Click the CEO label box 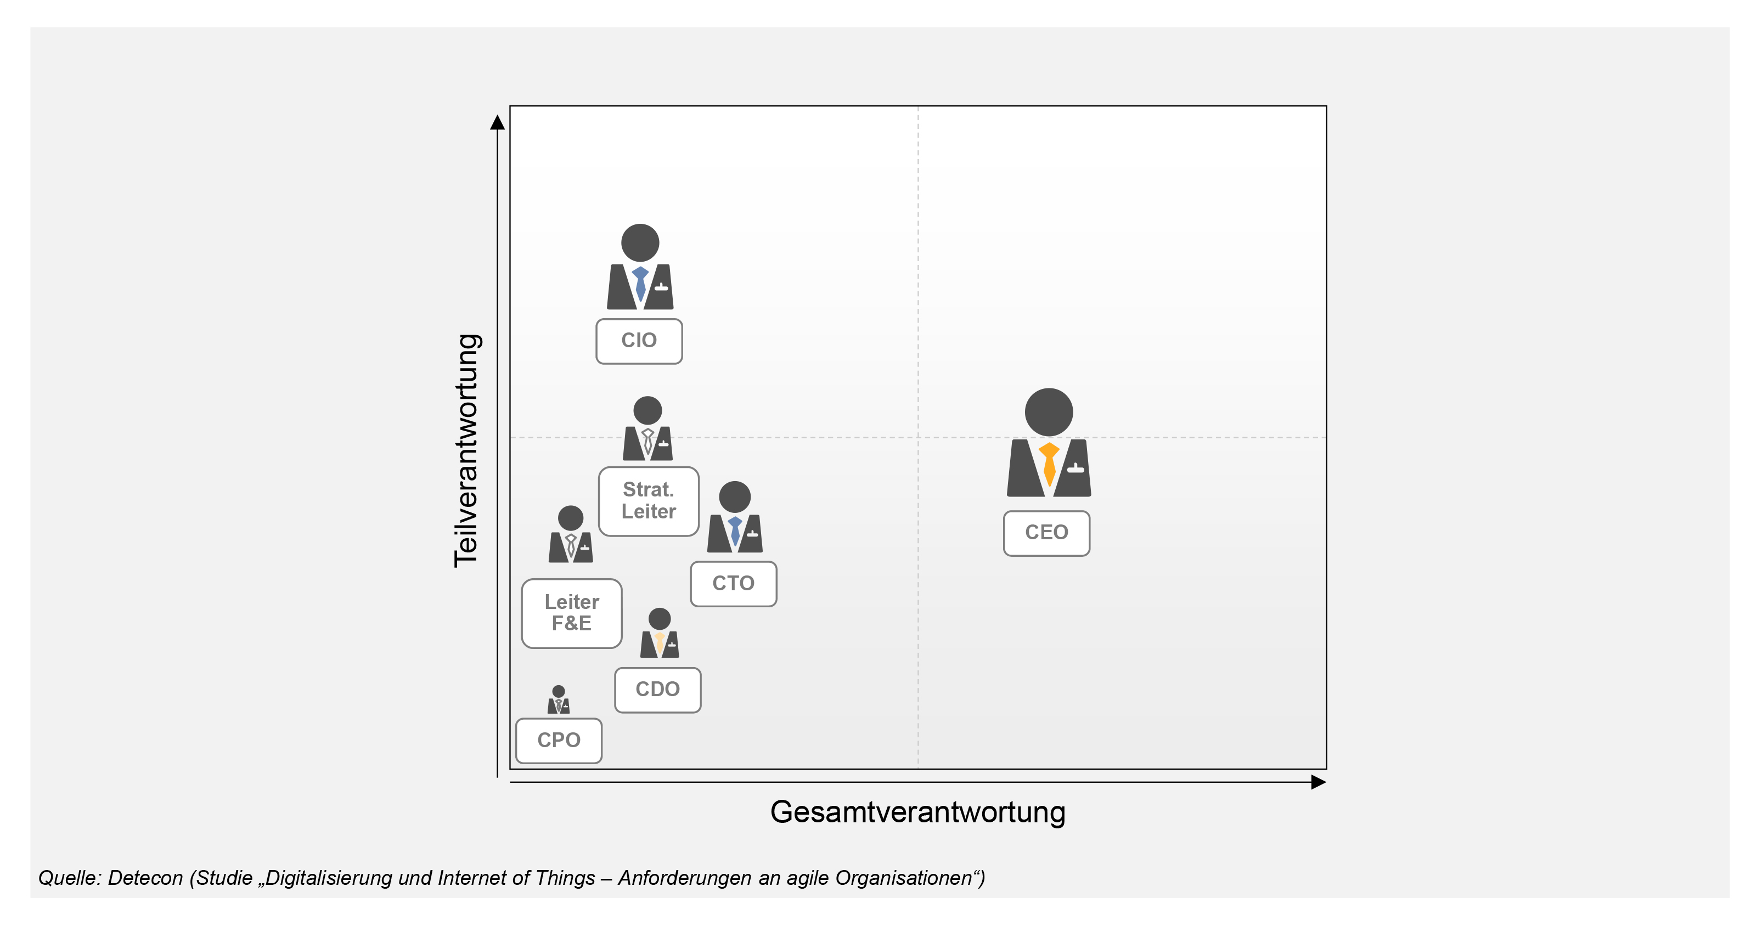point(1046,533)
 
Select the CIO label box point(639,341)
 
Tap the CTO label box point(733,584)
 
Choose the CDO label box point(657,690)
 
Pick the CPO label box point(559,741)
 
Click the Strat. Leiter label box point(649,501)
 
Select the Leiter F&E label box point(572,613)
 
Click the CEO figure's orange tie point(1049,464)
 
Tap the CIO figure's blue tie point(640,283)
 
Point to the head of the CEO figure point(1049,412)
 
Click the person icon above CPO point(559,699)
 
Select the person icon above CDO point(660,633)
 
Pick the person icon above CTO point(735,517)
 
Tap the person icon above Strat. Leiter point(647,428)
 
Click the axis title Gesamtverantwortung point(917,812)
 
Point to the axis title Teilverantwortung point(467,451)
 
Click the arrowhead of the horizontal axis point(1319,782)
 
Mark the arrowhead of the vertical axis point(498,122)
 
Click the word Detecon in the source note point(145,878)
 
